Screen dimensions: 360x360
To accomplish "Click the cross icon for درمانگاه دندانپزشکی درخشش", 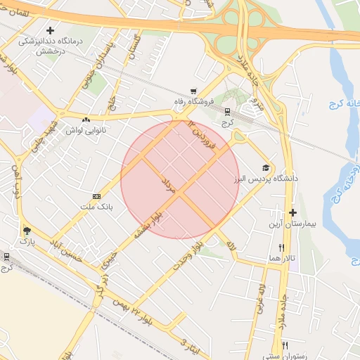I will (50, 30).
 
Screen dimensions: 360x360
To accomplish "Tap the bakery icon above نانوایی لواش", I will (86, 120).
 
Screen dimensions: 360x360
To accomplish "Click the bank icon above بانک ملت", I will (97, 196).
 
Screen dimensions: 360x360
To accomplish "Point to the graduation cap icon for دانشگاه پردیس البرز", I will (266, 167).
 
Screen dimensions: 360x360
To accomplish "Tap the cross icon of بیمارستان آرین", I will (293, 212).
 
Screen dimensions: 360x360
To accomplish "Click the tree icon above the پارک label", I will (27, 230).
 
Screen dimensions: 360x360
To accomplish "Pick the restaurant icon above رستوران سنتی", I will (285, 345).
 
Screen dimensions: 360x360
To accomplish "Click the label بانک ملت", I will (103, 207).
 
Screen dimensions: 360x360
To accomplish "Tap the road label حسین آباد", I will (65, 251).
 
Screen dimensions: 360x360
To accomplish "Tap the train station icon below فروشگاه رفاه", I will (227, 111).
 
